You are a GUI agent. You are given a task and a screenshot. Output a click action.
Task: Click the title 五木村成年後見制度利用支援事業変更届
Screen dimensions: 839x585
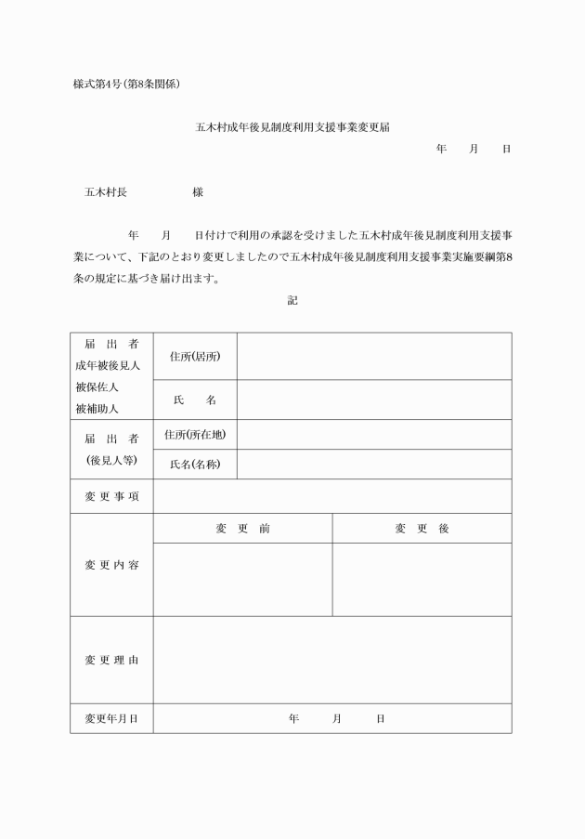tap(292, 125)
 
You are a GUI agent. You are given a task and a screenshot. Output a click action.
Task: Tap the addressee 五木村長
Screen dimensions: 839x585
tap(106, 192)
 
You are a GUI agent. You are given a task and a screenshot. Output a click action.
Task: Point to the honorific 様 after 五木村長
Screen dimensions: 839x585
tap(198, 192)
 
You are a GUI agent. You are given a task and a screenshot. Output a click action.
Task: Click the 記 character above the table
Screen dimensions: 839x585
tap(292, 300)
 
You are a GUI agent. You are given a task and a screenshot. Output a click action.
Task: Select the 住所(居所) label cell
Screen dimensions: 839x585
tap(195, 357)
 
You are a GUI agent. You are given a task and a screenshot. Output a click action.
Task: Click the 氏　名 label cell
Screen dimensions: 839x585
tap(195, 400)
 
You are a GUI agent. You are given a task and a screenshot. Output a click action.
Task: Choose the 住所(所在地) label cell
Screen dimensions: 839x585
tap(195, 434)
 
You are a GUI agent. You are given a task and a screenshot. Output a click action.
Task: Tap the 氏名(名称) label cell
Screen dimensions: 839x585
tap(195, 464)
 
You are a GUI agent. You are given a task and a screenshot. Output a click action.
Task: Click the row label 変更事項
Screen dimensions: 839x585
tap(111, 496)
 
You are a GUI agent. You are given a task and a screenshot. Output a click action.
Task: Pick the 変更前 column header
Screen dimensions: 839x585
tap(242, 528)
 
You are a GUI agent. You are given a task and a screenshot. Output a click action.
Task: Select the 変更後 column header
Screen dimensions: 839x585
tap(422, 528)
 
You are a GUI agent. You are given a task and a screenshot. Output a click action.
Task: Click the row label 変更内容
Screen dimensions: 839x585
tap(111, 565)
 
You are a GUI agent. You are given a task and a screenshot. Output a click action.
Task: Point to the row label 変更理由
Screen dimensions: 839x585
tap(111, 660)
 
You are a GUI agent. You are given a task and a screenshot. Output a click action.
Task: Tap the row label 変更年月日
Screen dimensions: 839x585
tap(111, 718)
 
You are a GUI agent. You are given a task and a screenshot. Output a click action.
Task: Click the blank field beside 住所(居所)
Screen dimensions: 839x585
tap(373, 357)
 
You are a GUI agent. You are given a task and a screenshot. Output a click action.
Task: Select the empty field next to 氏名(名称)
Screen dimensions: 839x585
tap(373, 464)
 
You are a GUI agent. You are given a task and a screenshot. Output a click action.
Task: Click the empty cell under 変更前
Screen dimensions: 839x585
tap(242, 579)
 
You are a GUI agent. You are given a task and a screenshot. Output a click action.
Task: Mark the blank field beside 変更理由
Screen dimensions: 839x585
tap(331, 660)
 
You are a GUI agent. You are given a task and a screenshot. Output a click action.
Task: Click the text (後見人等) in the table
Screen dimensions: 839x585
tap(111, 460)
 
